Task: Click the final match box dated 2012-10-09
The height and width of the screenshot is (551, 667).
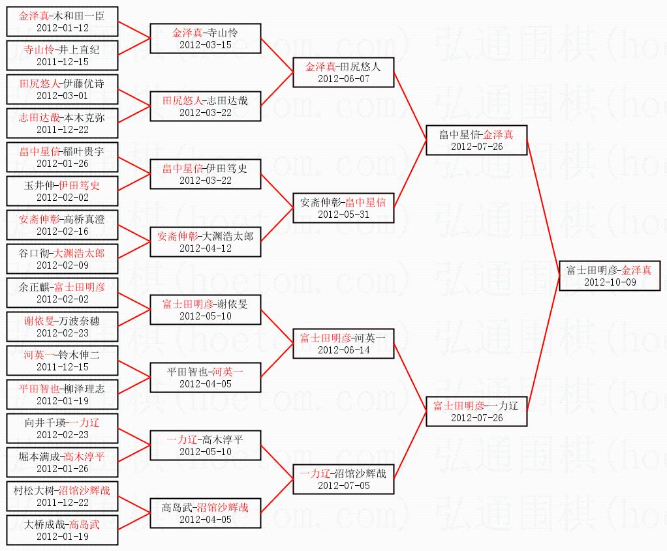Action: (610, 275)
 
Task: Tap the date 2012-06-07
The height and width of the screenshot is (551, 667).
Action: (343, 78)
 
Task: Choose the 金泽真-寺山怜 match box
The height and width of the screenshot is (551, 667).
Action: (206, 38)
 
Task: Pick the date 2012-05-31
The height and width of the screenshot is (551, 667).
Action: (343, 214)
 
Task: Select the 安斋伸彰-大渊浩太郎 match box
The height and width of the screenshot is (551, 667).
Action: (206, 241)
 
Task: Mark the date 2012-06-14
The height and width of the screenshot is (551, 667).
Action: (343, 350)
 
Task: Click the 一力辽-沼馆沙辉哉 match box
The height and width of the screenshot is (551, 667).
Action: (343, 479)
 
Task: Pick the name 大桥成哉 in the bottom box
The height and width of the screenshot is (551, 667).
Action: (45, 524)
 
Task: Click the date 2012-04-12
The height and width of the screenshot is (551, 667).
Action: (206, 248)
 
